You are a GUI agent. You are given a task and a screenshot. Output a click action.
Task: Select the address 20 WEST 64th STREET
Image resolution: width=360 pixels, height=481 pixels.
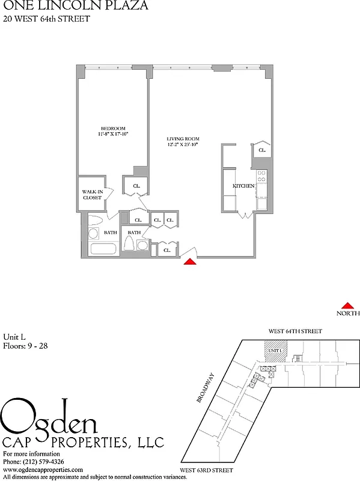tap(46, 19)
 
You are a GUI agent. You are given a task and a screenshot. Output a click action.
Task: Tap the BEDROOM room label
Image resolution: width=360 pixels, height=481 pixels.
tap(112, 129)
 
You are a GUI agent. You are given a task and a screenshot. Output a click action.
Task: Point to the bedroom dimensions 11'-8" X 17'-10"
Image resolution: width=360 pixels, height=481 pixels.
tap(112, 135)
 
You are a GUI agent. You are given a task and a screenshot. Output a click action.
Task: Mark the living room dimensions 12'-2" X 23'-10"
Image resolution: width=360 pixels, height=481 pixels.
tap(182, 145)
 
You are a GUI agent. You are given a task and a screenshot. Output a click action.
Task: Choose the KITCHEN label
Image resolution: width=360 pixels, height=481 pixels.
tap(243, 186)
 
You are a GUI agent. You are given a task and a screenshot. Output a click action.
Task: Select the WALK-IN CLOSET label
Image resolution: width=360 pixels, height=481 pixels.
tap(92, 194)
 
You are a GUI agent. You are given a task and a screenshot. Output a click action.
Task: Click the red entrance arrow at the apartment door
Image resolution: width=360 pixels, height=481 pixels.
tap(191, 261)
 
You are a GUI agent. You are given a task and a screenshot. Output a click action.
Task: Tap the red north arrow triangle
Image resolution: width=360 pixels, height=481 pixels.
tap(347, 305)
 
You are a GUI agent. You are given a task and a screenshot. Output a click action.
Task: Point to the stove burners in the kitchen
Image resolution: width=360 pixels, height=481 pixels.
tap(261, 176)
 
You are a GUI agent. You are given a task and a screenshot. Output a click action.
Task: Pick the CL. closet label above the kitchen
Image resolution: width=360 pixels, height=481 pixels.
tap(262, 150)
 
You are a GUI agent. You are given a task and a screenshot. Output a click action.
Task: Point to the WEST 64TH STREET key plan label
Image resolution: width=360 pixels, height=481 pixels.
tap(295, 331)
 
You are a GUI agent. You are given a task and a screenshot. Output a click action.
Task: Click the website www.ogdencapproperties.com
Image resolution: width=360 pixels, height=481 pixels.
tap(43, 469)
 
